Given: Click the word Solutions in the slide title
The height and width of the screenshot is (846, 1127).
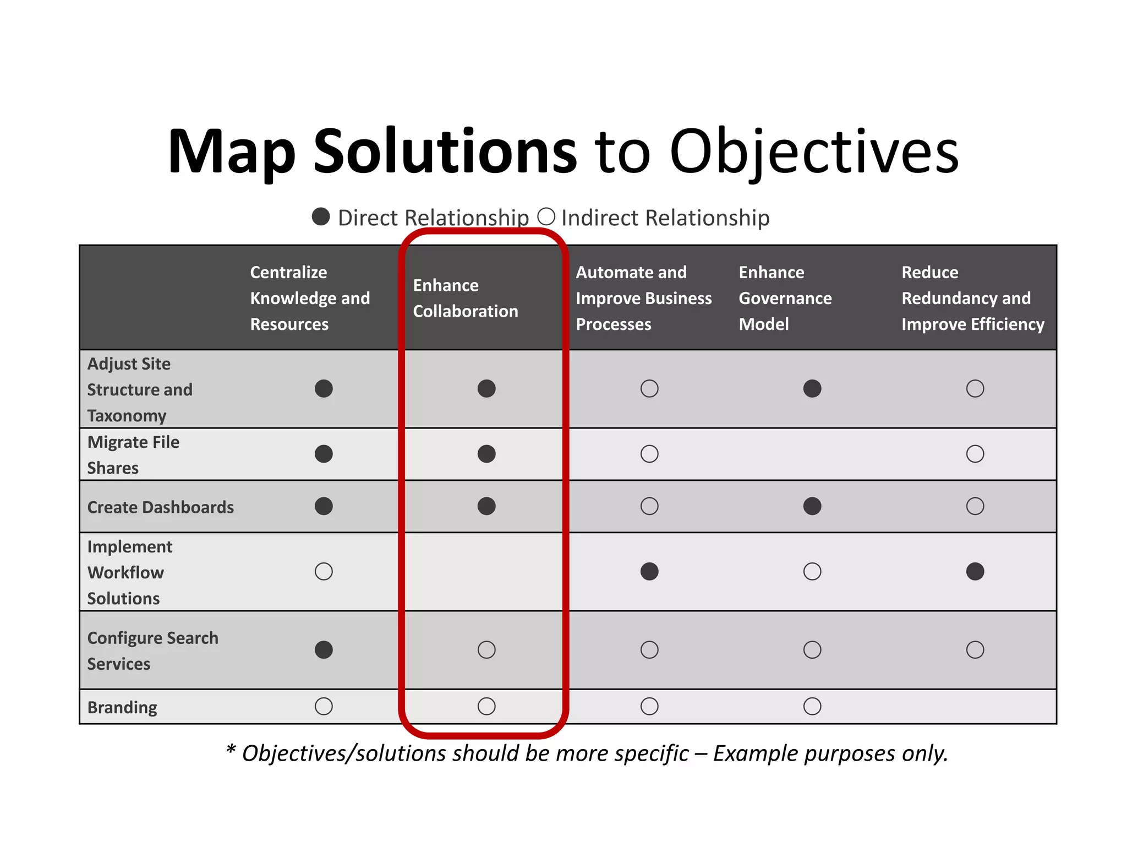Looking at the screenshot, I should pos(445,151).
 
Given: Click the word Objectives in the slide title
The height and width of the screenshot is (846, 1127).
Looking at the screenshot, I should pos(814,151).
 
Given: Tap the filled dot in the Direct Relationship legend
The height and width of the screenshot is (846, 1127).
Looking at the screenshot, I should pos(321,216).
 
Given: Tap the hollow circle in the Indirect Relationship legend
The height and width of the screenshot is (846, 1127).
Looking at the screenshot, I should pos(546,216).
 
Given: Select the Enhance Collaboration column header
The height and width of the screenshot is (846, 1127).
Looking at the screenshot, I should pos(465,298).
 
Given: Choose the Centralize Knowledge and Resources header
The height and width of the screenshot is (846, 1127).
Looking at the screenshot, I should pos(310,298).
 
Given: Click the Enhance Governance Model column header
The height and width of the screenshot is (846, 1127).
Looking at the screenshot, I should pos(785,298).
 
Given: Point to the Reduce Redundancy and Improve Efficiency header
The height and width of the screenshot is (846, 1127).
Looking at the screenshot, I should pos(972,298).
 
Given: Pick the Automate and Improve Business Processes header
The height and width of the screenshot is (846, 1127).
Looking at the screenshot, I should pos(643,298).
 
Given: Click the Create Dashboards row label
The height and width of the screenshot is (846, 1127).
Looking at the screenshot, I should pos(160,507).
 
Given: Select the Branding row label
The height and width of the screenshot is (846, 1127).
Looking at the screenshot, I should pos(122,707).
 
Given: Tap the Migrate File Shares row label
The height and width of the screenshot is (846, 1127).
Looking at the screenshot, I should pos(133,454).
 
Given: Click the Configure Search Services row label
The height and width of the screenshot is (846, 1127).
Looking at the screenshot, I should pos(152,650).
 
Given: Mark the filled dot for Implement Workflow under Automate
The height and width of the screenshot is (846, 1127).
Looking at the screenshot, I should pos(649,571).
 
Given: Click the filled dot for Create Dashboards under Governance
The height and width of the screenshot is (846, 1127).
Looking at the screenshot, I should pos(812,506).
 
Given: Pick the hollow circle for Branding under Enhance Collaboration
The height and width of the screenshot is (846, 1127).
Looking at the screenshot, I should pos(486,706).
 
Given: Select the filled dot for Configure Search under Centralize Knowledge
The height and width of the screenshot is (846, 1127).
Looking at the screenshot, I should pos(324,650).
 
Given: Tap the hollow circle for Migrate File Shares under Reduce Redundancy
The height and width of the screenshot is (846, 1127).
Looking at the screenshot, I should pos(975,454).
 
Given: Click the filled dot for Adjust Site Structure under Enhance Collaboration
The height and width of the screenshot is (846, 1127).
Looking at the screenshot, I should pos(486,389).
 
